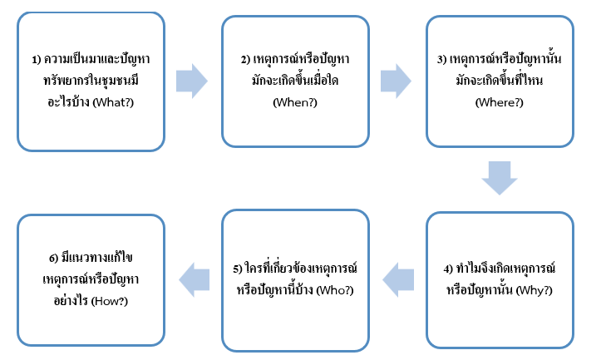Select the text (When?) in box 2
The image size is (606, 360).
point(295,102)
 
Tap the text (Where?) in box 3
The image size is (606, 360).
point(500,102)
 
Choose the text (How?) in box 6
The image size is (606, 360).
point(118,298)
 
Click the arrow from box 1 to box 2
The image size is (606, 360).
point(191,80)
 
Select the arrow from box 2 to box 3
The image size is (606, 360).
point(396,80)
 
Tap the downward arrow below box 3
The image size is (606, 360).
point(500,177)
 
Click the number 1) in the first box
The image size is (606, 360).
point(37,60)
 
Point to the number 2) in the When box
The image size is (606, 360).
point(244,60)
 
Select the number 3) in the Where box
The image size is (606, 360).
point(443,60)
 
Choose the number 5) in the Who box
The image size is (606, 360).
point(238,268)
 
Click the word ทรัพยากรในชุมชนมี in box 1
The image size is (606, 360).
point(91,81)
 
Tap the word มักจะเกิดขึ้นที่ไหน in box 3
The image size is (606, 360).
point(500,81)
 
